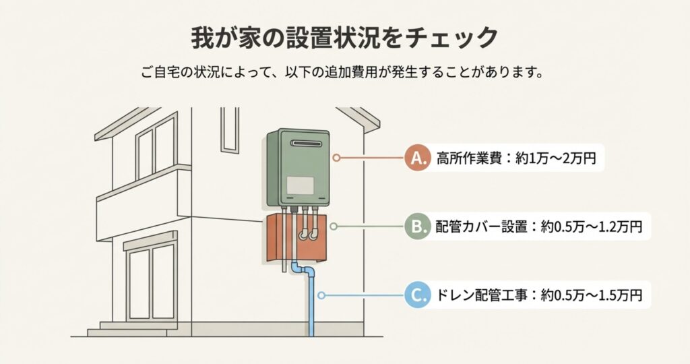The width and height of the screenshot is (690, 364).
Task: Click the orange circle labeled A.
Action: coord(418,158)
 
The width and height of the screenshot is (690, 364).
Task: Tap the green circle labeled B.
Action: coord(418,226)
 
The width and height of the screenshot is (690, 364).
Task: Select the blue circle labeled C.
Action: coord(418,295)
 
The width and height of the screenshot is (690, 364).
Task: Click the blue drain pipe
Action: coord(312,303)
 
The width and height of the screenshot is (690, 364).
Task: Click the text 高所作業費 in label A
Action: coord(466,159)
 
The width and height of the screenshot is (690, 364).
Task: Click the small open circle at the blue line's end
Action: coord(322,295)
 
